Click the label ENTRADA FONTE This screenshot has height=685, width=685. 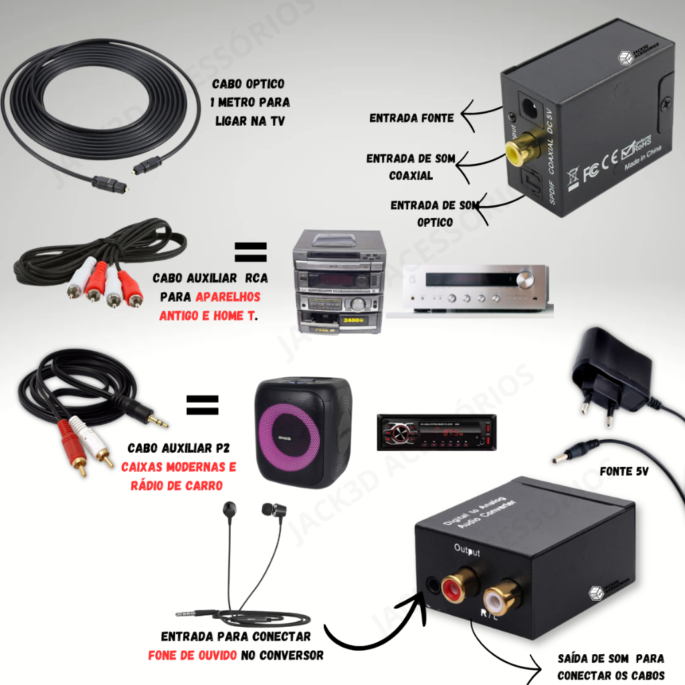411,118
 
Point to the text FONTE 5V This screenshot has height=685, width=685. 623,471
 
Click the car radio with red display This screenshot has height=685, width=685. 436,431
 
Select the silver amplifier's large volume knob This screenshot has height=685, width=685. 526,279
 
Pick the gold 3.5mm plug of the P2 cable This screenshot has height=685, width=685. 158,421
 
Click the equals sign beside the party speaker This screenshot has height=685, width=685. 202,403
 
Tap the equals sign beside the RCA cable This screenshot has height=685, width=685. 250,252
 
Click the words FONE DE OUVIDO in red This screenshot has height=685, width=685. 192,655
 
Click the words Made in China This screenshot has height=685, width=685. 644,163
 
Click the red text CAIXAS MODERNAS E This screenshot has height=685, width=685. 179,467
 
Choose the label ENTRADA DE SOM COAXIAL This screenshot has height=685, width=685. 411,167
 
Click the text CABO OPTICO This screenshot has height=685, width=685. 248,84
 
